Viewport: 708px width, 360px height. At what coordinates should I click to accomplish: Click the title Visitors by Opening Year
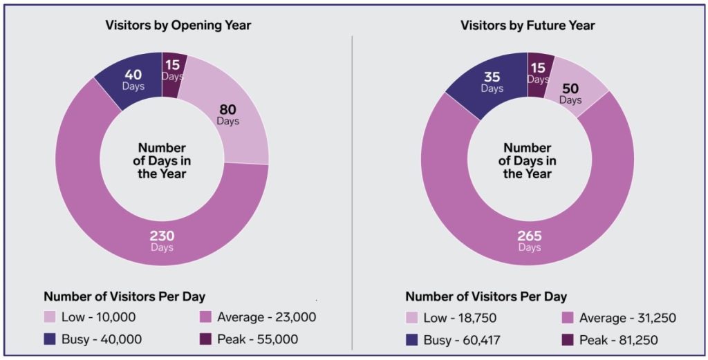click(x=178, y=26)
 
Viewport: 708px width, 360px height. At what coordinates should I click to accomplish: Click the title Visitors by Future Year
click(x=528, y=26)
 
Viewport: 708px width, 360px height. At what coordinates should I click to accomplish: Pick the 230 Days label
click(x=162, y=240)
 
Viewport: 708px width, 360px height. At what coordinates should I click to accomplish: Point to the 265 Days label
click(x=529, y=240)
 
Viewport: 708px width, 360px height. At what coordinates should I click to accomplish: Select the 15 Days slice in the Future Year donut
click(x=538, y=73)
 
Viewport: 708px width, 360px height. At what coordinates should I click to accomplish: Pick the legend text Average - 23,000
click(x=266, y=317)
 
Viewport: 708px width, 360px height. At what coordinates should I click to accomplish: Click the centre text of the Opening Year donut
click(x=162, y=160)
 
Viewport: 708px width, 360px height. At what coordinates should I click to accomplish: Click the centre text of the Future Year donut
click(x=528, y=160)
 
